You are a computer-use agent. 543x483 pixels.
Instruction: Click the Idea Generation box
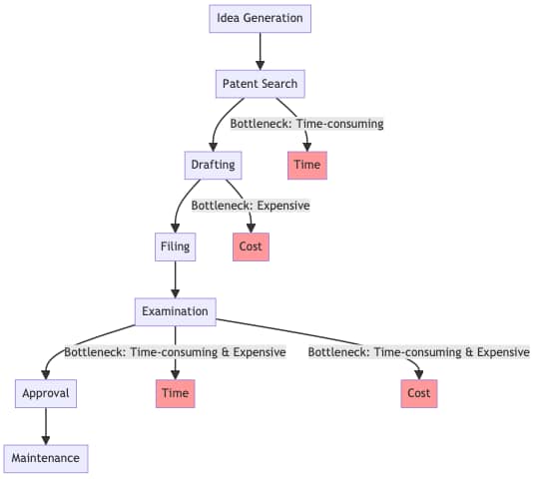[261, 19]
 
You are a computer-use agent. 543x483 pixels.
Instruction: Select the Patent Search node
[261, 84]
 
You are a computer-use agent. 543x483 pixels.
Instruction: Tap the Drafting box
[213, 165]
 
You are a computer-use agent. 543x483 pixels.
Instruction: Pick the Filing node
[176, 246]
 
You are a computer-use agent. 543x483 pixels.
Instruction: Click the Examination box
[176, 311]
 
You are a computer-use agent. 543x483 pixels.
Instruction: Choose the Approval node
[46, 393]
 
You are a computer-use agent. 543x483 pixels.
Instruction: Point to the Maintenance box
[46, 459]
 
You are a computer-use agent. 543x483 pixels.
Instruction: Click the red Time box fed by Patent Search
[307, 165]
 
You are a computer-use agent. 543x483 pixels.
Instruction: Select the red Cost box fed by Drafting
[251, 246]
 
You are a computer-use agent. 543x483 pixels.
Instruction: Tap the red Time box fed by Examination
[176, 393]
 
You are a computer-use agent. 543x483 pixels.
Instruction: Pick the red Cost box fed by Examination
[419, 393]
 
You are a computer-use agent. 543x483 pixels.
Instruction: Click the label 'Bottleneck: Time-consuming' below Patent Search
[306, 124]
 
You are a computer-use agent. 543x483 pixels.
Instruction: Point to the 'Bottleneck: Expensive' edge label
[251, 206]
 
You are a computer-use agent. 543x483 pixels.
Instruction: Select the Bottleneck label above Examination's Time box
[176, 352]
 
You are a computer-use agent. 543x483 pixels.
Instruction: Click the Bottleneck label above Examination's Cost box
[419, 352]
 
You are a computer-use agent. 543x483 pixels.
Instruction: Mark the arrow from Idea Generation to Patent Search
[261, 51]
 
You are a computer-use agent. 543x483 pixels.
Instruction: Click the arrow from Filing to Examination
[176, 279]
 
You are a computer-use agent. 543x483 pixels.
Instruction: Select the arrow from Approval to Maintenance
[46, 426]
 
